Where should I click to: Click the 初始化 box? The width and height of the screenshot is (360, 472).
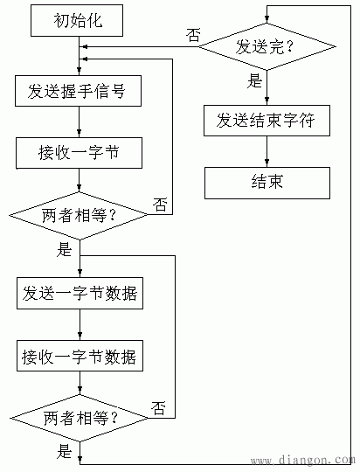(79, 21)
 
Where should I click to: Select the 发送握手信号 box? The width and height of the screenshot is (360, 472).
(79, 90)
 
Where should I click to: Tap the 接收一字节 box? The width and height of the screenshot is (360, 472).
(79, 153)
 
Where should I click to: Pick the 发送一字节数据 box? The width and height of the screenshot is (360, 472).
(80, 293)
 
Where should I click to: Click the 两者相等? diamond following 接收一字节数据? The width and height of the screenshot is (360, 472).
(80, 418)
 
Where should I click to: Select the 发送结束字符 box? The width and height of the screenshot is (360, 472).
(267, 121)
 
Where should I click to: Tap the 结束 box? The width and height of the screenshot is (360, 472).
(267, 183)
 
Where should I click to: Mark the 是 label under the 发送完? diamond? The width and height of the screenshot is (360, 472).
(255, 82)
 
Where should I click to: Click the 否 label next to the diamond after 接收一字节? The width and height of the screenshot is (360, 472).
(161, 204)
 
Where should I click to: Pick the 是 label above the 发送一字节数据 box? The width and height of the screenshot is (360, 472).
(65, 250)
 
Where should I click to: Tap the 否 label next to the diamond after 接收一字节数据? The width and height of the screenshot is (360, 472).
(160, 407)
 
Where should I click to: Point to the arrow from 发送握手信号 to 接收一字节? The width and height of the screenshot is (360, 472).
(80, 122)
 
